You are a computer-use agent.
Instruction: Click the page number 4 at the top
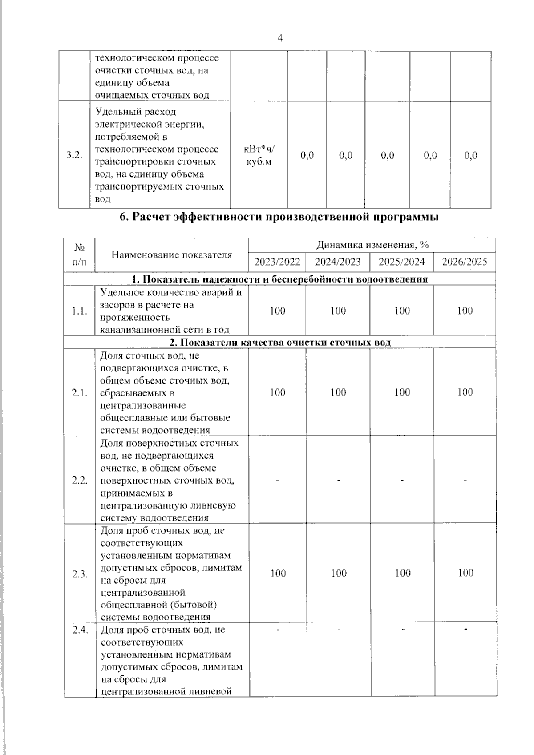pyautogui.click(x=280, y=38)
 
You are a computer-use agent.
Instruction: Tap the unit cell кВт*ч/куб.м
pyautogui.click(x=259, y=155)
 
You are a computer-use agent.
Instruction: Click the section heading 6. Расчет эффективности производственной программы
pyautogui.click(x=279, y=218)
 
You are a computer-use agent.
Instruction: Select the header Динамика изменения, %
pyautogui.click(x=372, y=245)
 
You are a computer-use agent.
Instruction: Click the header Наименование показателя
pyautogui.click(x=172, y=255)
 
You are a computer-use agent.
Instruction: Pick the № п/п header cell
pyautogui.click(x=79, y=255)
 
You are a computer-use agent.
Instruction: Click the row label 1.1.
pyautogui.click(x=79, y=311)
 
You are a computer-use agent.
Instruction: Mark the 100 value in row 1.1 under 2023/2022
pyautogui.click(x=277, y=311)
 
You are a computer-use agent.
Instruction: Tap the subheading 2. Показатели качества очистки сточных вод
pyautogui.click(x=279, y=343)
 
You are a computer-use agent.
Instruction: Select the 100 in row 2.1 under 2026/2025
pyautogui.click(x=465, y=392)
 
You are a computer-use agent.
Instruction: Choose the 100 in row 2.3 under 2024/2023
pyautogui.click(x=339, y=573)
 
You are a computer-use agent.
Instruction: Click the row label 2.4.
pyautogui.click(x=80, y=630)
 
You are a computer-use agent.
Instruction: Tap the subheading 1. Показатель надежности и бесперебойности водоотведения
pyautogui.click(x=279, y=279)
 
